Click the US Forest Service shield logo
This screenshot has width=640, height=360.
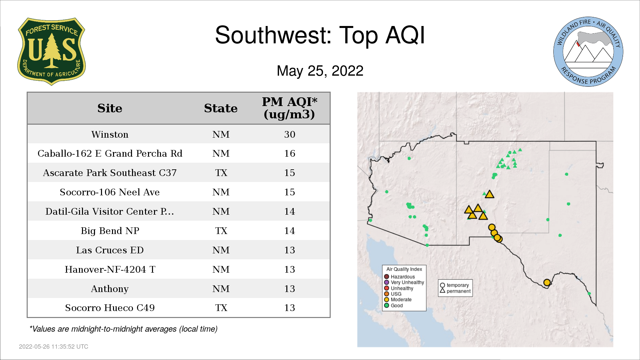point(51,52)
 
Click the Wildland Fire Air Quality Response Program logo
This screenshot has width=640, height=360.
point(588,52)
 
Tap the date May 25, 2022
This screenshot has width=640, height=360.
point(320,71)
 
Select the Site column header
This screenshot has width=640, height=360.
point(110,108)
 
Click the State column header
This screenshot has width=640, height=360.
point(221,108)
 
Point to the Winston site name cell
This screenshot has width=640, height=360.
point(110,134)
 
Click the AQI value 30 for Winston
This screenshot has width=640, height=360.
point(290,134)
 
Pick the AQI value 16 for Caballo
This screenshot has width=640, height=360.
point(290,153)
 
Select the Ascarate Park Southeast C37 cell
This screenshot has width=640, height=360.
point(110,173)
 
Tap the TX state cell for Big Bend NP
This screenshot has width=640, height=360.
point(221,231)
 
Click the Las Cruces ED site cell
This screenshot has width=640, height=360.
point(110,250)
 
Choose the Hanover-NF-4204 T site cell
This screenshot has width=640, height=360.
point(110,269)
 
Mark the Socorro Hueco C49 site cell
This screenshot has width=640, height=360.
point(110,308)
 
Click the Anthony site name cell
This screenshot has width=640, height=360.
point(110,289)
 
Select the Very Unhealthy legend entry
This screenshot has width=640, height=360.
point(404,282)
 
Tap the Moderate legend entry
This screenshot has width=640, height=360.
point(398,299)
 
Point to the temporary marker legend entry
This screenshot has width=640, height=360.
point(454,285)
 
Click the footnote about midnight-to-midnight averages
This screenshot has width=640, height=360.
point(123,329)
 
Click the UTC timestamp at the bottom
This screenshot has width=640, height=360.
point(54,347)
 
